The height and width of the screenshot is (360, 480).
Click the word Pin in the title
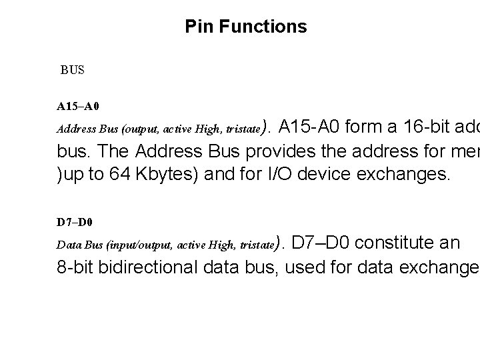tap(198, 27)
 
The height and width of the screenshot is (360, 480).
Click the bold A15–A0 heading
tap(78, 106)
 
